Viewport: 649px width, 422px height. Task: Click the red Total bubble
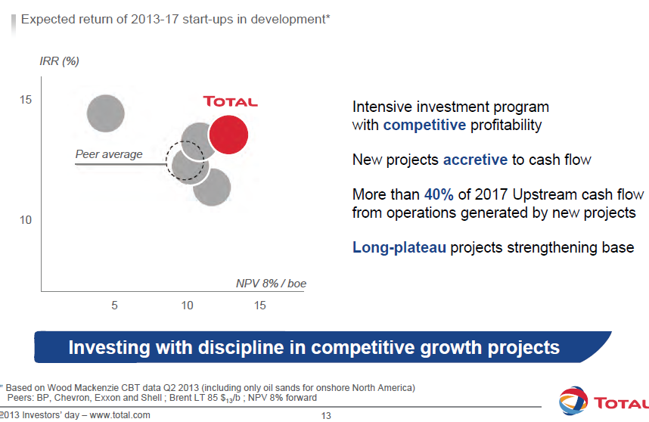pos(228,135)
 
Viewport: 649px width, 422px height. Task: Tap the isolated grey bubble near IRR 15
pos(105,114)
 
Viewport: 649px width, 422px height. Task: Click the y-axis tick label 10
pos(26,219)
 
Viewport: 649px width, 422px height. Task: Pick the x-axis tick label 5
pos(115,306)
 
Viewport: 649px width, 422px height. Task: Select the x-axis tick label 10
pos(187,306)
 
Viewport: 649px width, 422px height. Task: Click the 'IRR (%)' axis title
pos(59,61)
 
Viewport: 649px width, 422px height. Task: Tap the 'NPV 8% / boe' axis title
pos(270,284)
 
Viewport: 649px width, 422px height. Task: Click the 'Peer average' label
pos(109,154)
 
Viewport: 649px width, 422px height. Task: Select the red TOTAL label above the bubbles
pos(230,101)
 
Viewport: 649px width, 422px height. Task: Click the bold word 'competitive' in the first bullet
pos(424,125)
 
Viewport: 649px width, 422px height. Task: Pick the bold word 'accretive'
pos(475,160)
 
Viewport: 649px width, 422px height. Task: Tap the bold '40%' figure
pos(439,194)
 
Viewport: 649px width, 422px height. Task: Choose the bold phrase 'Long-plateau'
pos(399,247)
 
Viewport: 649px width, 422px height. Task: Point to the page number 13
pos(327,415)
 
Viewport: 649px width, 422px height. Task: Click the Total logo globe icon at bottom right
pos(571,402)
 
